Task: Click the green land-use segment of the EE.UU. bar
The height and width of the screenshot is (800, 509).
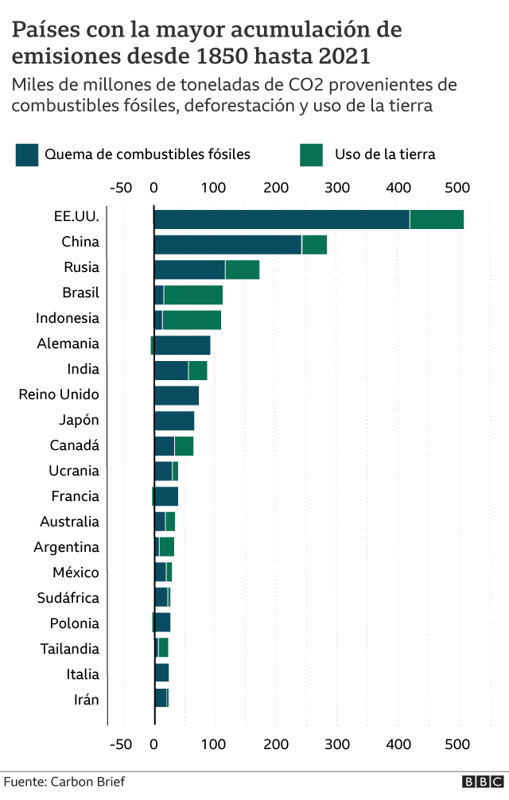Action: click(437, 219)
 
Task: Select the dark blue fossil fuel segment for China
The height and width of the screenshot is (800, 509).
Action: click(227, 245)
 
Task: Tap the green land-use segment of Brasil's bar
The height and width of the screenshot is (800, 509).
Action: click(193, 296)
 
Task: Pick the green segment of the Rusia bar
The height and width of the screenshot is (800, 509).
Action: click(243, 270)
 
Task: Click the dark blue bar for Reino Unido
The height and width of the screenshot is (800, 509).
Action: click(177, 396)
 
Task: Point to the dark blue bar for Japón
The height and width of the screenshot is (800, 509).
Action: click(174, 421)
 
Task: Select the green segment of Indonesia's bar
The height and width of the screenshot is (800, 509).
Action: click(192, 320)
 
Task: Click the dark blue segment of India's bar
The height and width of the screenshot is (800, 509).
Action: click(171, 371)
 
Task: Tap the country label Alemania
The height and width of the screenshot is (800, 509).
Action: click(68, 344)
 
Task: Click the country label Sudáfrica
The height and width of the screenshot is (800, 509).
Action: click(68, 598)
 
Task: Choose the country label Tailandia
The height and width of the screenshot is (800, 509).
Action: click(70, 649)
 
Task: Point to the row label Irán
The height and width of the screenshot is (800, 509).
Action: click(86, 700)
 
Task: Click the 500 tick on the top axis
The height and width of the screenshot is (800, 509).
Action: click(457, 188)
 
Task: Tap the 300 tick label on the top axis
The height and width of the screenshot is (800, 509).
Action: click(337, 188)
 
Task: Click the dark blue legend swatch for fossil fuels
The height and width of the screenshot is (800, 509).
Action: click(26, 154)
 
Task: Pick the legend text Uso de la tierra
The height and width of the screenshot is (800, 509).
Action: click(385, 154)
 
